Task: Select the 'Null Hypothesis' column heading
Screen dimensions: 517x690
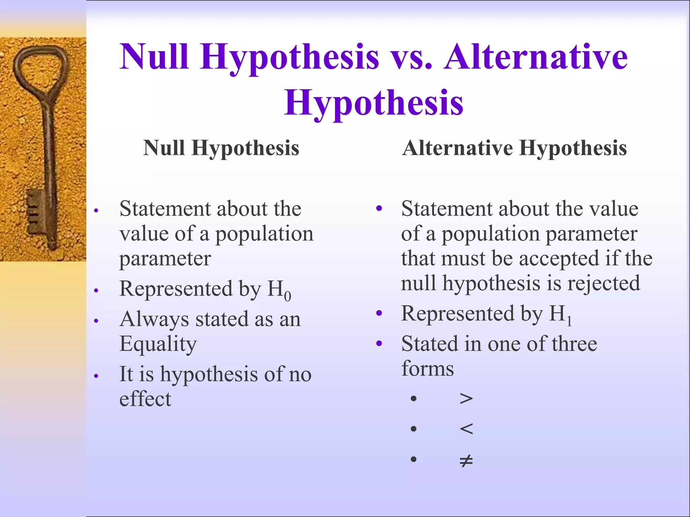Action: point(221,148)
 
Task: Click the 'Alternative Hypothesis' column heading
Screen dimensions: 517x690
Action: point(514,148)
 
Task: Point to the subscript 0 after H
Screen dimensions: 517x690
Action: point(287,297)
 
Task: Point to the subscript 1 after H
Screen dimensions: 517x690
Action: point(569,321)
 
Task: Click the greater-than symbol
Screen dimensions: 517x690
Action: point(466,399)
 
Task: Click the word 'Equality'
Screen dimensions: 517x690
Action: point(158,344)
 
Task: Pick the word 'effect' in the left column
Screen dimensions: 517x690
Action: point(145,399)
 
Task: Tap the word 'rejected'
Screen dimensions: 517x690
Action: point(604,283)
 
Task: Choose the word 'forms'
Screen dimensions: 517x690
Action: point(428,369)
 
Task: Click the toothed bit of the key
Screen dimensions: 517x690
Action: point(35,212)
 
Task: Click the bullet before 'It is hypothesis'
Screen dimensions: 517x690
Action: point(96,376)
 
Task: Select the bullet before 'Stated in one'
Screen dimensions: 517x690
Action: point(379,344)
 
